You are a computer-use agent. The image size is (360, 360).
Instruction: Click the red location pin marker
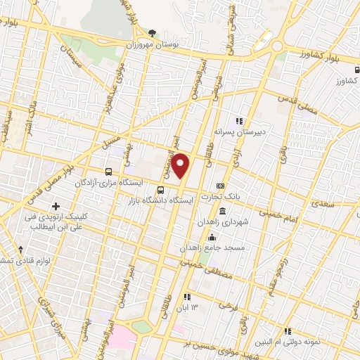[181, 165]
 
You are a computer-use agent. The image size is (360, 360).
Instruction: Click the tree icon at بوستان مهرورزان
[152, 33]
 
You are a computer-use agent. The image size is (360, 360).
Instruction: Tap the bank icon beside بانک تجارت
[221, 186]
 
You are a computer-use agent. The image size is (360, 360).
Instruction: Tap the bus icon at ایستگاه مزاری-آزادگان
[108, 171]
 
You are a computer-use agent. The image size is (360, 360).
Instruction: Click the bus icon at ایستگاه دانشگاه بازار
[161, 190]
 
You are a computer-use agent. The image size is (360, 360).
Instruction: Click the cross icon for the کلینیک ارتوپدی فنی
[56, 205]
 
